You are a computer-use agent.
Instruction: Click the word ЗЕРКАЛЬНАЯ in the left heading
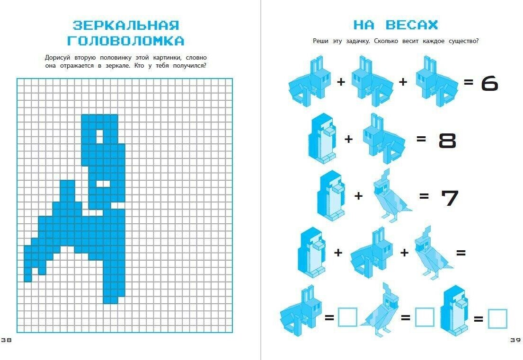click(x=126, y=25)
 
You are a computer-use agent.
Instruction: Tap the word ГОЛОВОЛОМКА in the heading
click(x=126, y=41)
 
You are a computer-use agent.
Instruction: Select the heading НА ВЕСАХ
click(x=395, y=25)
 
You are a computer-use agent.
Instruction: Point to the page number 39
click(x=515, y=340)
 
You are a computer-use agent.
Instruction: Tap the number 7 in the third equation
click(x=450, y=197)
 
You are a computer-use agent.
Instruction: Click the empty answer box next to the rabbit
click(x=347, y=317)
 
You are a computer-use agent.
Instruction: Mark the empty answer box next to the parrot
click(x=425, y=317)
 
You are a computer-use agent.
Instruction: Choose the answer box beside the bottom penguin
click(x=497, y=318)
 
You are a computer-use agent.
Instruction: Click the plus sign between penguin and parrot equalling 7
click(x=358, y=195)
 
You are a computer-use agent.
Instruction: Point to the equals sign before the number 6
click(x=469, y=82)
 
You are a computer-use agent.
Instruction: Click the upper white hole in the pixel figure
click(x=100, y=136)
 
